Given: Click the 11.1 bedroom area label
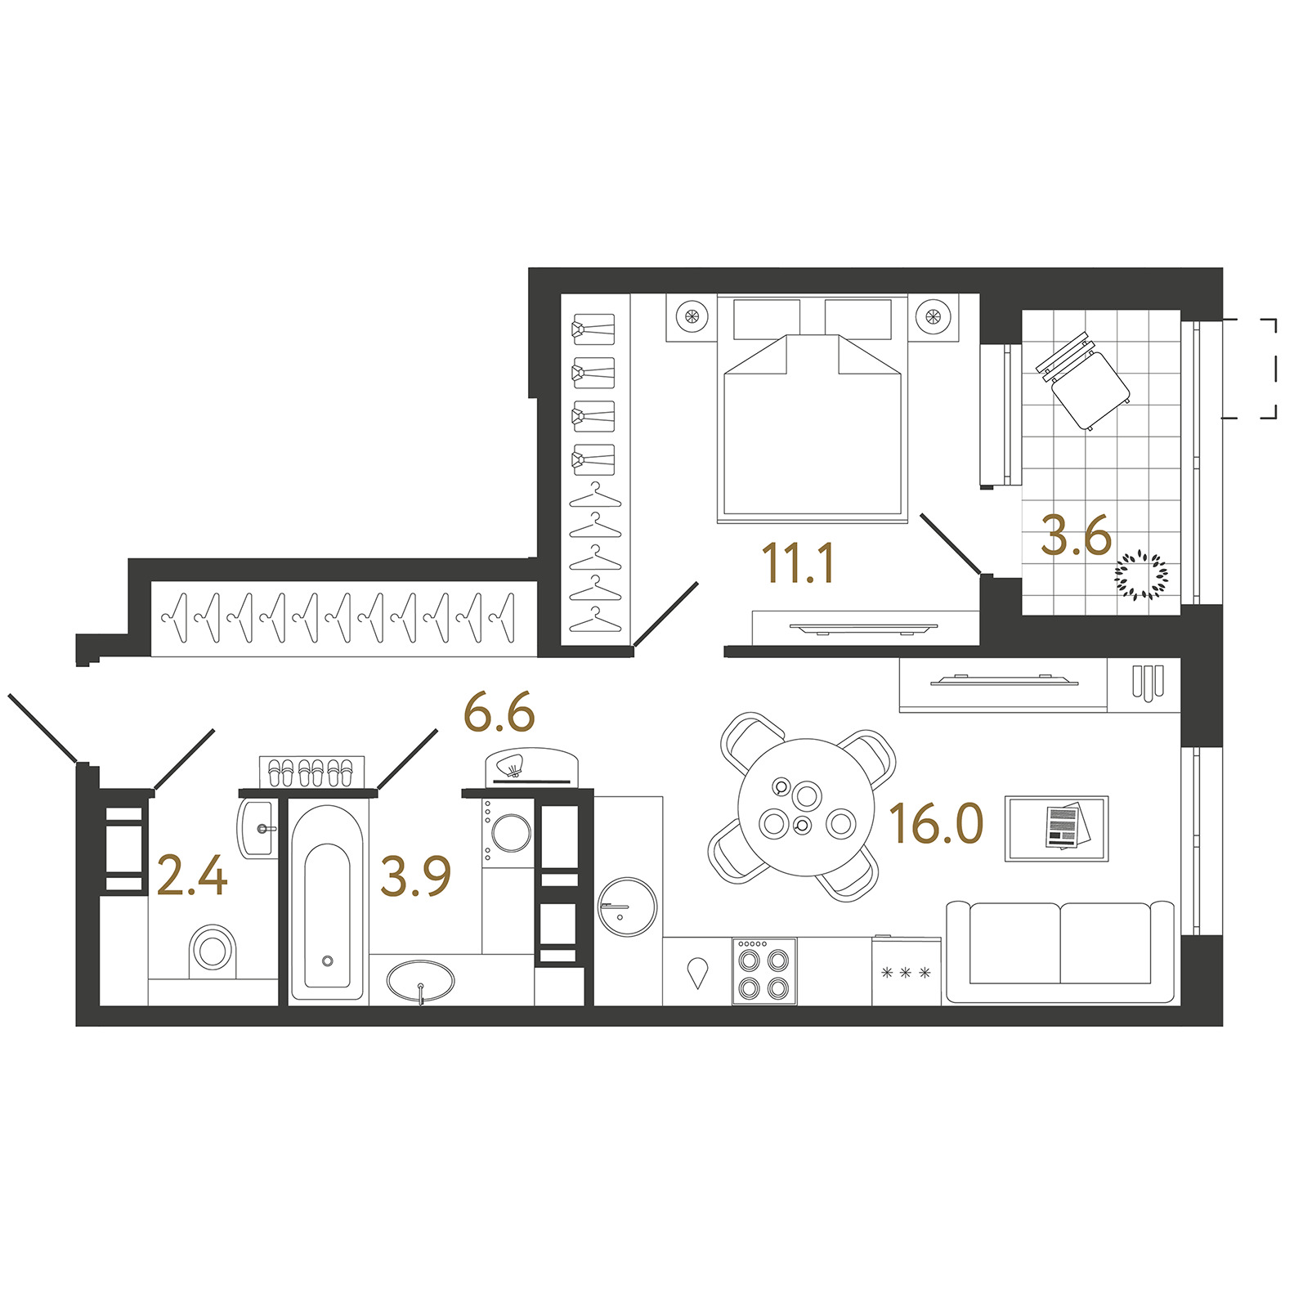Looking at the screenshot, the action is pos(798,564).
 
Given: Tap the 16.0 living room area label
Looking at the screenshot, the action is pos(936,823).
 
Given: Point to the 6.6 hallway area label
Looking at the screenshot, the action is pos(499,712).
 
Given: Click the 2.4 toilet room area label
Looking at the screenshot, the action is pos(191,875).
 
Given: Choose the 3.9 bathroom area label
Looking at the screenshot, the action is pos(415,876).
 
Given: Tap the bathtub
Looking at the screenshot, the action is pos(326,902).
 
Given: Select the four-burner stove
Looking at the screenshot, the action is pos(764,971).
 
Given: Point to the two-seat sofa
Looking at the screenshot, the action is pos(1059,951).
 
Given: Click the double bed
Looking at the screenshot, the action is pos(813,408).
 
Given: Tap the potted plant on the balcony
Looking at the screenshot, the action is pos(1141,576).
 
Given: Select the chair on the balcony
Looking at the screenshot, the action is pos(1083,381).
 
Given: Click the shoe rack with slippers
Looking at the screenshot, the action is pos(311,772).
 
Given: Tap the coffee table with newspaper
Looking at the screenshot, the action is pos(1056,828).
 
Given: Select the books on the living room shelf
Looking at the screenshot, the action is pos(1147,682).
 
